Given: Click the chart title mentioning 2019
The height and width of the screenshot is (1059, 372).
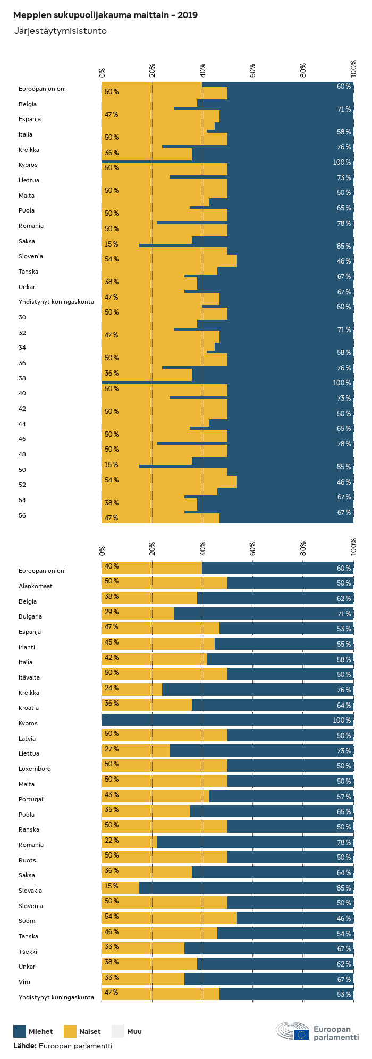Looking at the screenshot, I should (x=105, y=15).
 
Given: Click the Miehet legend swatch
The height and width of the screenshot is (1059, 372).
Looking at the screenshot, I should (x=20, y=1031).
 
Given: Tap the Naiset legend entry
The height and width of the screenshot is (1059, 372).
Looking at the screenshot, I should (x=89, y=1031).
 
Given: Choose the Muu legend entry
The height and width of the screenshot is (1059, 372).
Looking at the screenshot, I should (x=134, y=1031).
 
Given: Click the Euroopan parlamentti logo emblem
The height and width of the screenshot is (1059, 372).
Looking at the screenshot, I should (x=293, y=1031).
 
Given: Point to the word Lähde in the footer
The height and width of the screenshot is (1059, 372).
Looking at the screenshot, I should (x=24, y=1046).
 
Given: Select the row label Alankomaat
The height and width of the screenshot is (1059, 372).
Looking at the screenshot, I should (x=36, y=586).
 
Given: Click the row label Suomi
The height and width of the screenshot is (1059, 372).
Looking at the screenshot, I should (x=28, y=921).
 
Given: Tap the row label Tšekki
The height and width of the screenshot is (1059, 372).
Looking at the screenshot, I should (x=28, y=952).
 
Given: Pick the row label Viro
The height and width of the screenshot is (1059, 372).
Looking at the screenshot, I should (x=24, y=982).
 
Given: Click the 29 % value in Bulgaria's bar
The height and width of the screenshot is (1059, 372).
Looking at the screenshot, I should (x=112, y=612).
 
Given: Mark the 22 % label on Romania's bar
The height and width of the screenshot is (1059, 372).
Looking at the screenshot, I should (x=112, y=841).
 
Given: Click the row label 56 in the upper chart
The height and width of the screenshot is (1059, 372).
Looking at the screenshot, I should (x=22, y=515).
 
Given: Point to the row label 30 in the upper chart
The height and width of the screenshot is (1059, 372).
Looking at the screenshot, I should (x=22, y=317).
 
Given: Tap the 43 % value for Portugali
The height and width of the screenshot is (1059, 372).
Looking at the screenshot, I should (x=112, y=795).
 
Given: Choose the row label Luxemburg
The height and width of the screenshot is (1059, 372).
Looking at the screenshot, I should (x=35, y=769).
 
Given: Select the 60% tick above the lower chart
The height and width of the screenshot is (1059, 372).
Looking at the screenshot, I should (x=253, y=548).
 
